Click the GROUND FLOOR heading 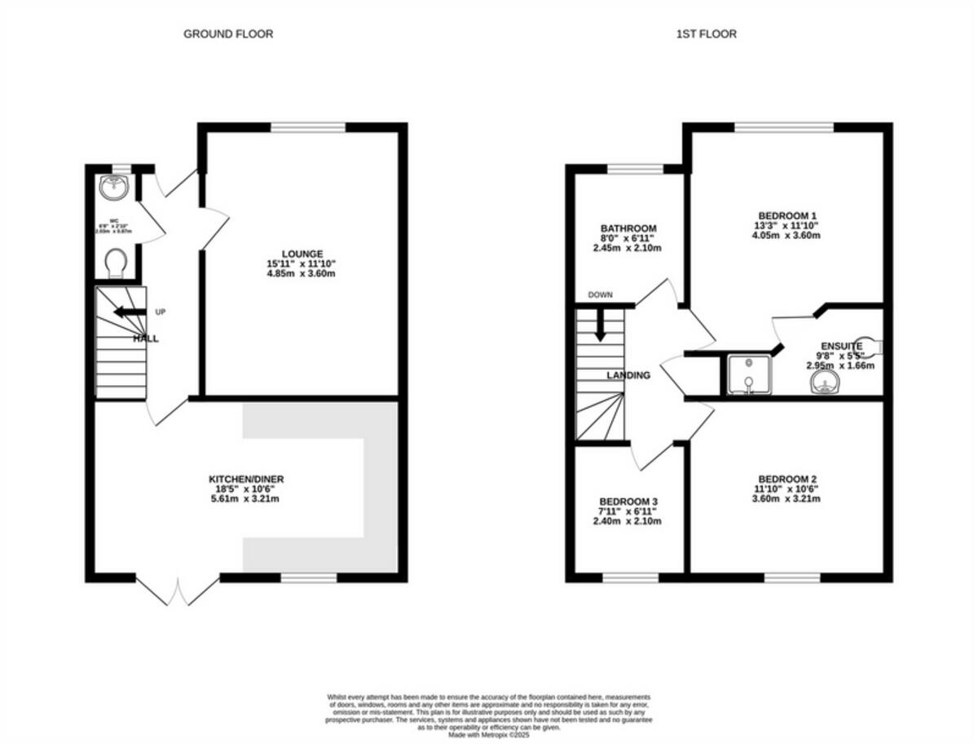227,33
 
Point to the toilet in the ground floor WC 116,263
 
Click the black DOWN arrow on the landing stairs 600,325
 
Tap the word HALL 147,338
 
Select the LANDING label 628,375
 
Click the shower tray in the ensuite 747,374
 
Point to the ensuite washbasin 824,383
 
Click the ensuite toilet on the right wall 872,348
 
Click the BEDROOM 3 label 628,501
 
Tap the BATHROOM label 628,228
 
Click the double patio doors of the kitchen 178,589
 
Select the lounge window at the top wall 308,127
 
